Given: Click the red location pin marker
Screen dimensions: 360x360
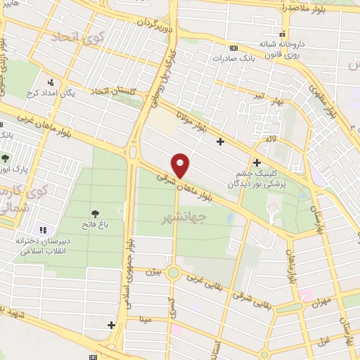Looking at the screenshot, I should (181, 165).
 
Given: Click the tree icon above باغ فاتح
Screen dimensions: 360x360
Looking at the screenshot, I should (95, 213).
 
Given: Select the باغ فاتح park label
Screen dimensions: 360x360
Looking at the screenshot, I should (95, 225).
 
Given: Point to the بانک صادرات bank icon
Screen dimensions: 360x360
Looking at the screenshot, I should (233, 49).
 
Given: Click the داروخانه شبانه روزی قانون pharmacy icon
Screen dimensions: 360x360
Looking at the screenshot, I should (282, 33).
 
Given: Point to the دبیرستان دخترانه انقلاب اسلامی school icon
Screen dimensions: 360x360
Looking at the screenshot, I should (42, 229).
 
